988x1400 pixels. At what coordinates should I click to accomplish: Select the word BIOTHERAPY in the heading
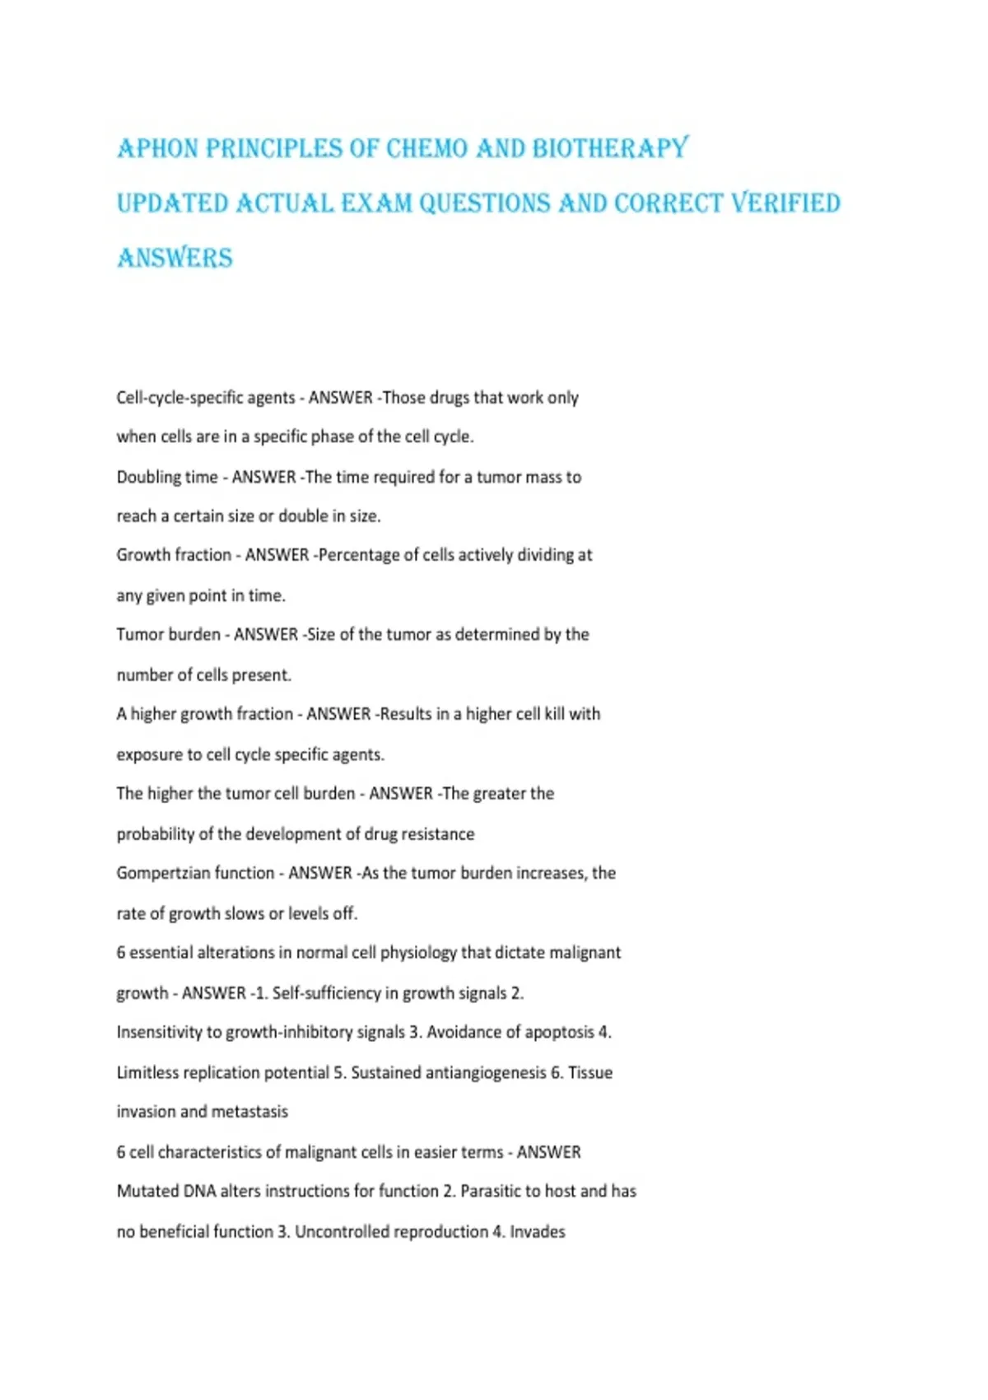[610, 149]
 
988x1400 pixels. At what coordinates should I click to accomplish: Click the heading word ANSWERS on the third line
[175, 259]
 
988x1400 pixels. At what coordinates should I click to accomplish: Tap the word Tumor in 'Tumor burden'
[139, 635]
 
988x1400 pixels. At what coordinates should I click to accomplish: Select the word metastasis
[249, 1112]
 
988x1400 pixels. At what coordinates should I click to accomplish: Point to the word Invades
[538, 1232]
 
